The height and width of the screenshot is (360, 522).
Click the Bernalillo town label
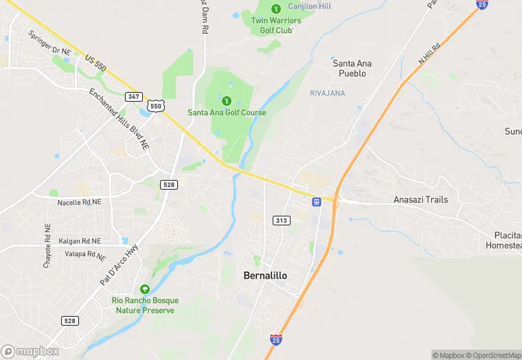tap(265, 275)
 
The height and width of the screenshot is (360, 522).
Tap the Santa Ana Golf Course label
tap(227, 113)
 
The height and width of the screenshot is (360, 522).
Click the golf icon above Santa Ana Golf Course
tap(227, 100)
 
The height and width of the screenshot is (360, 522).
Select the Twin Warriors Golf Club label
tap(275, 25)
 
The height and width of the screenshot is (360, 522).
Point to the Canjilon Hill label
tap(309, 6)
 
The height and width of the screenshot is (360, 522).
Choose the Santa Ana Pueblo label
tap(352, 68)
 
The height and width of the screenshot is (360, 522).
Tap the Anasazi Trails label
tap(420, 200)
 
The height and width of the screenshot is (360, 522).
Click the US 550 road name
tap(96, 61)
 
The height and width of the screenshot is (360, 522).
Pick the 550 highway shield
tap(157, 106)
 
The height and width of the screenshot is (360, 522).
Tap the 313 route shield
tap(280, 220)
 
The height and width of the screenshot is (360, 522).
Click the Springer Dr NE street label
tap(49, 43)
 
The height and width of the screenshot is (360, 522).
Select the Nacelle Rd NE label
tap(79, 202)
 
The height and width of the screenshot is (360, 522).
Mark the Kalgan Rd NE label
tap(79, 241)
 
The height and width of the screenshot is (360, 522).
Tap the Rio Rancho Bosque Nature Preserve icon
tap(144, 289)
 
